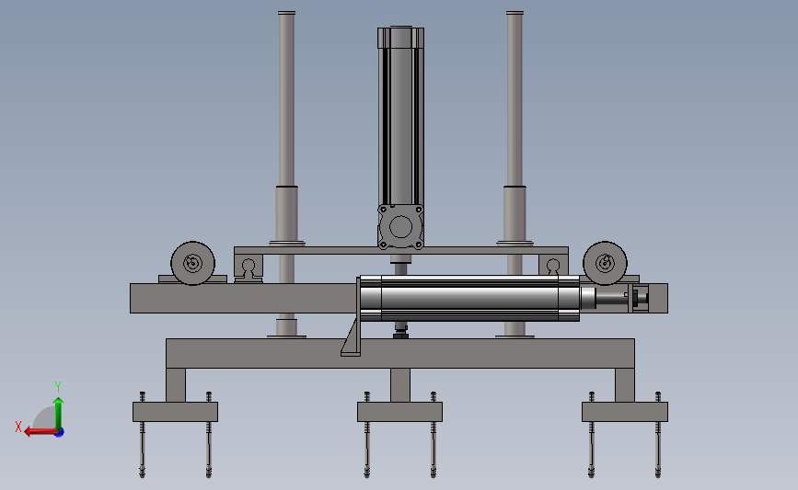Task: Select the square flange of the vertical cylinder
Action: pos(400,227)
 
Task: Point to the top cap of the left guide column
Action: pos(286,14)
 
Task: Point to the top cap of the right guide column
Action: pos(515,14)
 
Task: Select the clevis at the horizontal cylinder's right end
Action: pos(639,297)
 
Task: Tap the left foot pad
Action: pos(175,412)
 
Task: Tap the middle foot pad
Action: pos(399,412)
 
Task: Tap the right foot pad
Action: pos(624,412)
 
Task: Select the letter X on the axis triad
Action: pos(18,427)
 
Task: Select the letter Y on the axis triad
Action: pos(57,386)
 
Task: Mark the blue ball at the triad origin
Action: pos(58,431)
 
